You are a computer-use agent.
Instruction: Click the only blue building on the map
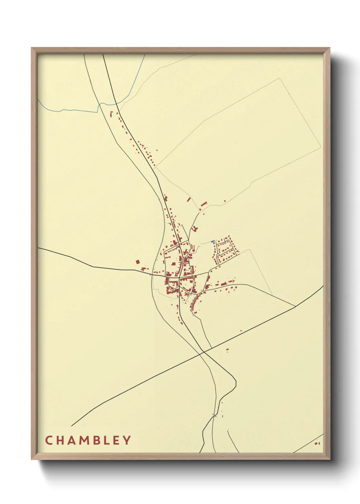[213, 241]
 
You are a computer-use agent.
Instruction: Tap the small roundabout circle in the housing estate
[218, 255]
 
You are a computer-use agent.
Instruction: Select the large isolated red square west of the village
[138, 262]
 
